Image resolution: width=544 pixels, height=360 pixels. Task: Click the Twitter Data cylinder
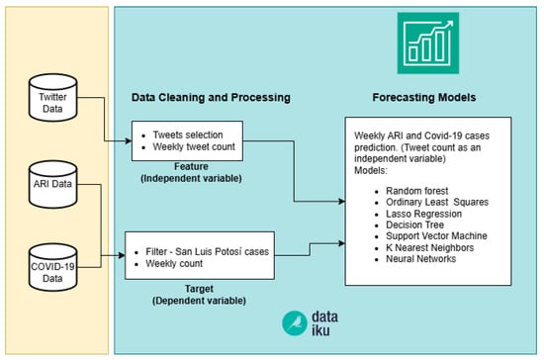[x=52, y=98]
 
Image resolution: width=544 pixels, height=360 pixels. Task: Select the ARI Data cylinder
[x=52, y=184]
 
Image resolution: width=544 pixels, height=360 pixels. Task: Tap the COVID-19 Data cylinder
[x=52, y=267]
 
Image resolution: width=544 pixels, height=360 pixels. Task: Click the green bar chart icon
[x=427, y=43]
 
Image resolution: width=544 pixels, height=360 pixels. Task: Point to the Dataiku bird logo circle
[x=294, y=323]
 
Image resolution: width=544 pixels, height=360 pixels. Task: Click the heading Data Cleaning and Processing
[x=211, y=98]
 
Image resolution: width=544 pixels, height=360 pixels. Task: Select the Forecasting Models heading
[x=424, y=98]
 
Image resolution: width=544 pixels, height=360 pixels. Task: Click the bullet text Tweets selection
[x=188, y=135]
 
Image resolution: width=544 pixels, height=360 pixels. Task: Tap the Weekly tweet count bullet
[x=194, y=146]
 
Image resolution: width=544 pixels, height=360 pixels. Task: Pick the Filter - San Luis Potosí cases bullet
[x=207, y=251]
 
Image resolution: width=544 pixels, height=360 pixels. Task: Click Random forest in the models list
[x=417, y=191]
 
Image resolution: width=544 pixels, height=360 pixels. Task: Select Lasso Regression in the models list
[x=423, y=214]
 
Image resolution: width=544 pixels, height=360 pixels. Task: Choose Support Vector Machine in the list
[x=436, y=235]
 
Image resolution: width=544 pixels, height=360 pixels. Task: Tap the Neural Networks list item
[x=420, y=259]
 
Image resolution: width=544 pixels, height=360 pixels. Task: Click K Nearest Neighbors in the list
[x=430, y=247]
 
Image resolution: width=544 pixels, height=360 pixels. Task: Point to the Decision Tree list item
[x=415, y=225]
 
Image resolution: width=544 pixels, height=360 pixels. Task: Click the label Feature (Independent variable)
[x=191, y=172]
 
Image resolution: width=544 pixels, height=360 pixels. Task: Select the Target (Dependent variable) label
[x=199, y=295]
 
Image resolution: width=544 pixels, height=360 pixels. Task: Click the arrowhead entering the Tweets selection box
[x=129, y=140]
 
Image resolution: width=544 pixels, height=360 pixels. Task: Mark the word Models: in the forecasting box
[x=371, y=170]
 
